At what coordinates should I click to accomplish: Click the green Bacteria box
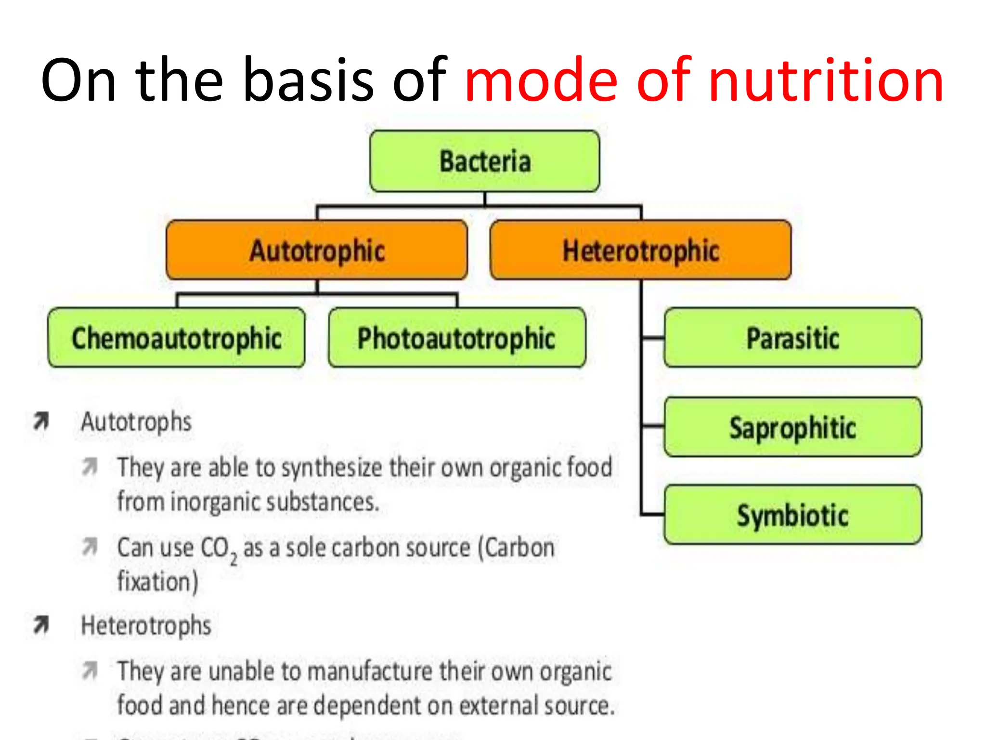(x=484, y=161)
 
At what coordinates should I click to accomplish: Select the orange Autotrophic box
(x=317, y=250)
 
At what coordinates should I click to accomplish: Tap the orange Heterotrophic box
(x=640, y=250)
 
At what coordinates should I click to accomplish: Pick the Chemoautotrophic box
(x=177, y=338)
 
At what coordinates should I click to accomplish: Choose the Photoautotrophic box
(x=456, y=338)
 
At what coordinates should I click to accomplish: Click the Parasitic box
(x=792, y=338)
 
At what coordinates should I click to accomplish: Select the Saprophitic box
(x=792, y=427)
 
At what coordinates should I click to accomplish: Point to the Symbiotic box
(x=792, y=515)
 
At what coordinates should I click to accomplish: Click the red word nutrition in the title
(x=825, y=80)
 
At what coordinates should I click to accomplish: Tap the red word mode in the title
(x=541, y=80)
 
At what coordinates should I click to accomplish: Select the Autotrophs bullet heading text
(x=136, y=422)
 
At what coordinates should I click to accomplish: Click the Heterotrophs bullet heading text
(x=146, y=625)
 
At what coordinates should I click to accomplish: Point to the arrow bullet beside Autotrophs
(x=41, y=421)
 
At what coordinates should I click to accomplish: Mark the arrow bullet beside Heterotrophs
(x=41, y=625)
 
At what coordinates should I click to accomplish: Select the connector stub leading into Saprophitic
(x=653, y=426)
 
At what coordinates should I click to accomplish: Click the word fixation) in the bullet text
(x=158, y=581)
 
